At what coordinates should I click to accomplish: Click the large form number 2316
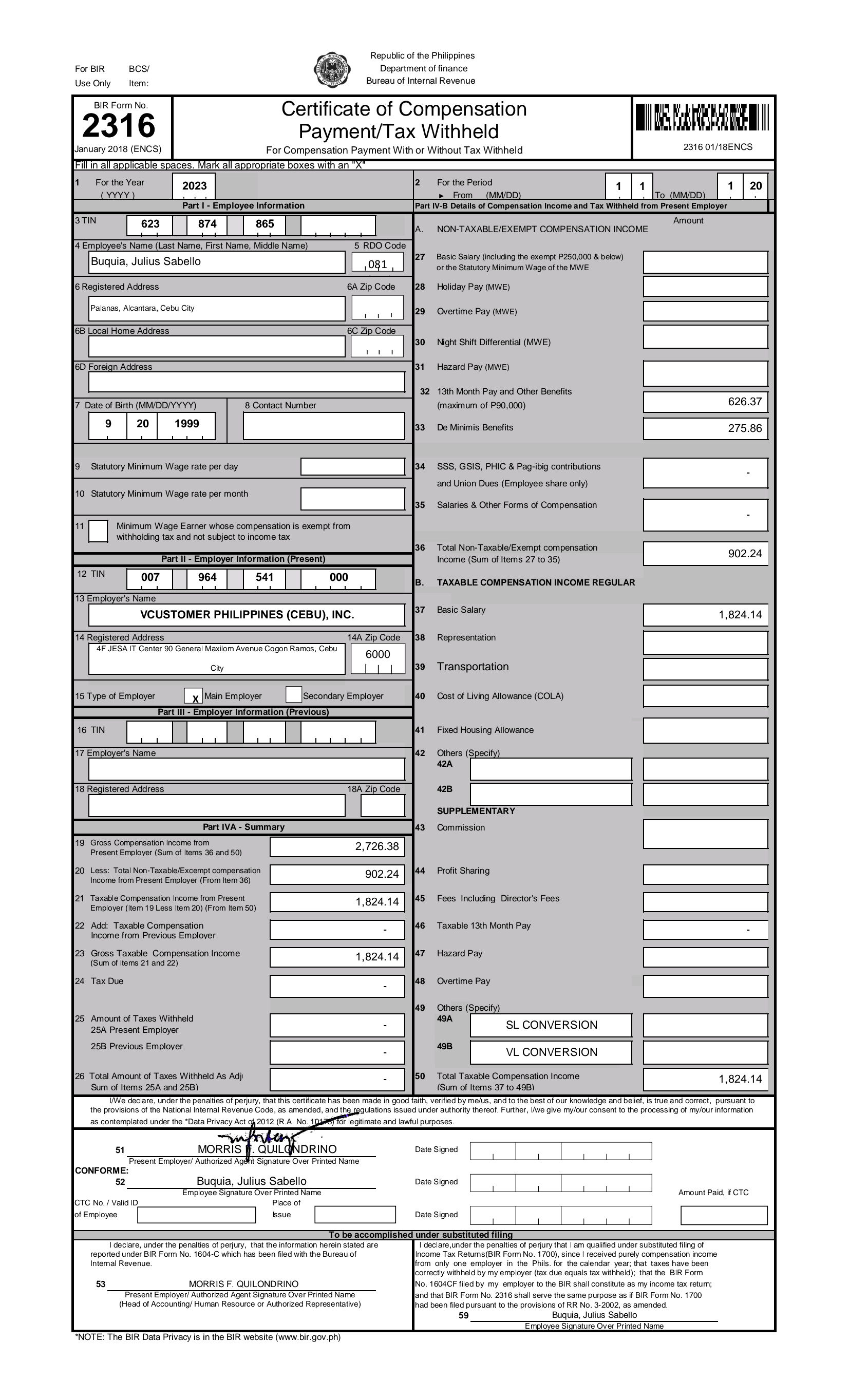[119, 125]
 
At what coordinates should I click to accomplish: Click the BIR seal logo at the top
[331, 70]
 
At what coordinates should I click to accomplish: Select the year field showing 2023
[194, 186]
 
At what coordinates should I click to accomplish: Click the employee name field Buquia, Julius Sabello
[216, 261]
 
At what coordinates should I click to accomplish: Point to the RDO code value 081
[378, 264]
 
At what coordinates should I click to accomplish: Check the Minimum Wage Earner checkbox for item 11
[98, 531]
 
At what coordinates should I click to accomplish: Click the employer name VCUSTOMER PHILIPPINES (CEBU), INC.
[247, 614]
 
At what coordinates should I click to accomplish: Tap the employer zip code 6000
[378, 654]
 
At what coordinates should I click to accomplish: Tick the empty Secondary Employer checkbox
[293, 694]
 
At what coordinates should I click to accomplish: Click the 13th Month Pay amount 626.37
[705, 402]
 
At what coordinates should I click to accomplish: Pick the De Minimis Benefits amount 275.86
[705, 428]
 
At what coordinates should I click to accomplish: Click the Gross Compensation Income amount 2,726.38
[337, 846]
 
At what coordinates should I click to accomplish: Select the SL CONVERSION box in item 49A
[551, 1025]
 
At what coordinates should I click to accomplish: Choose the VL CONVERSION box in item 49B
[551, 1052]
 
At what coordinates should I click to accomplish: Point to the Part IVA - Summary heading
[243, 827]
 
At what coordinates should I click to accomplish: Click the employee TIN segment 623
[150, 224]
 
